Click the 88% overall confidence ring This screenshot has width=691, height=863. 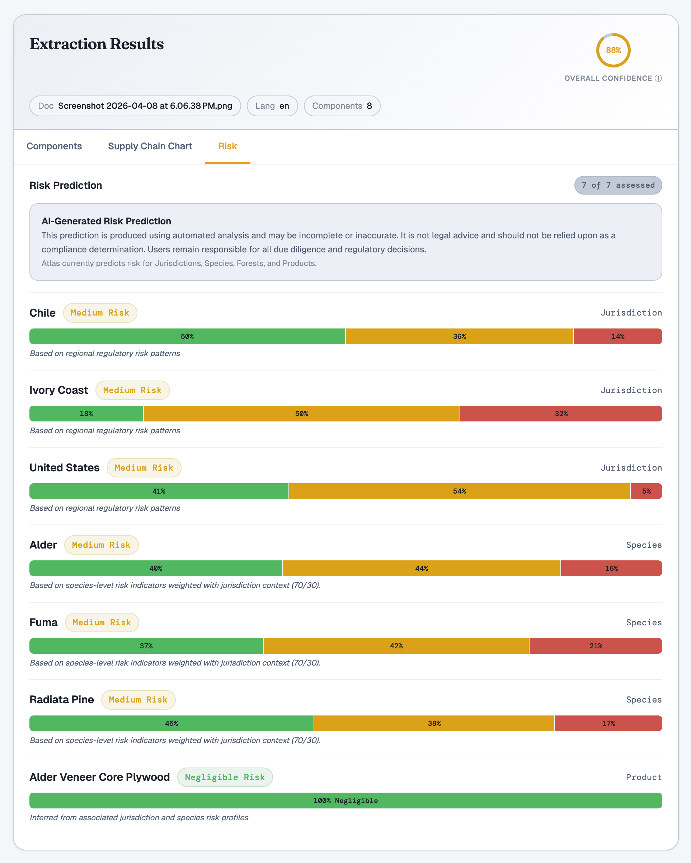tap(613, 50)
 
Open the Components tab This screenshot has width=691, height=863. tap(54, 146)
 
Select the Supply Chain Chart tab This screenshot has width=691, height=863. tap(150, 146)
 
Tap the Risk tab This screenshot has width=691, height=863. tap(227, 146)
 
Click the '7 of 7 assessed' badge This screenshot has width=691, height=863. tap(618, 185)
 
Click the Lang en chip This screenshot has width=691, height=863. tap(272, 106)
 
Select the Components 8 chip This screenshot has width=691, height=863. tap(342, 106)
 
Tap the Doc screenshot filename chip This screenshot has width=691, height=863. tap(135, 106)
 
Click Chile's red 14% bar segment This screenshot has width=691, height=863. tap(617, 337)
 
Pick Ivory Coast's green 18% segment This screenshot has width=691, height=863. tap(86, 414)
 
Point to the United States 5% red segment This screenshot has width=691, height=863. tap(646, 491)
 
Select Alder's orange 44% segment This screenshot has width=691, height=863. tap(421, 568)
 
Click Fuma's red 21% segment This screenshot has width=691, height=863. tap(595, 646)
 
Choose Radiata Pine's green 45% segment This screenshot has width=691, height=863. tap(171, 724)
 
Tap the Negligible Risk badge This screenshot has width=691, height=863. tap(225, 777)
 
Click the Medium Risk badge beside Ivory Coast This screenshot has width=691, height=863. tap(132, 390)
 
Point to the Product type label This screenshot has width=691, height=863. tap(643, 777)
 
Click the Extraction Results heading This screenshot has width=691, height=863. tap(97, 44)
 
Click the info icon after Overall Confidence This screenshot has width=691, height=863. tap(658, 79)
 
